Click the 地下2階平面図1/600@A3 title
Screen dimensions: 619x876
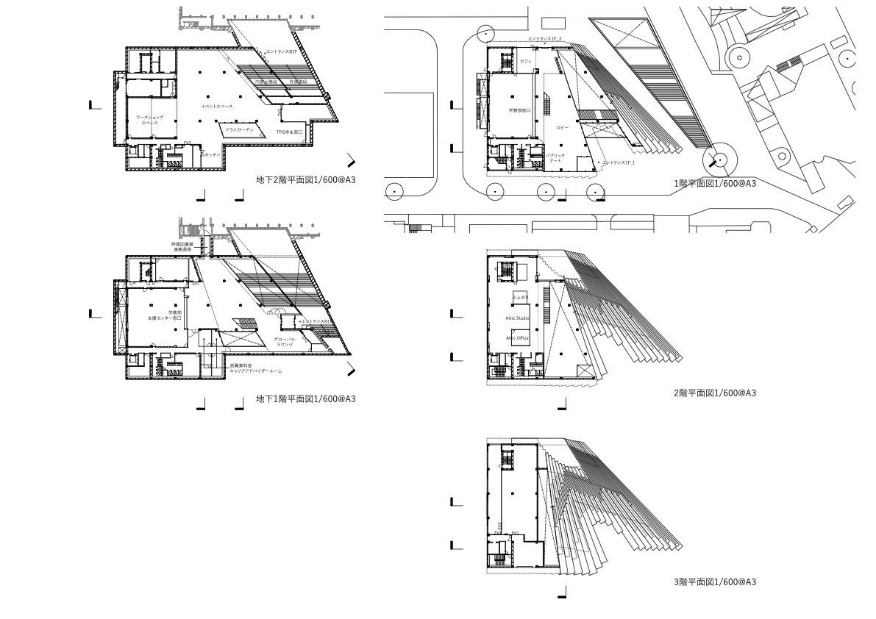305,179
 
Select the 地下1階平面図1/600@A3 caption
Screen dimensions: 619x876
305,399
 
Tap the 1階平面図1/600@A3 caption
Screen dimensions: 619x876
715,184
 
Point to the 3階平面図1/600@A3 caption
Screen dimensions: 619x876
715,582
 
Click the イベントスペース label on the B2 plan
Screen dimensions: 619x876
216,107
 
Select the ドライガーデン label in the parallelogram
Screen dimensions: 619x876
239,129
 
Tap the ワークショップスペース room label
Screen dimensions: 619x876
149,121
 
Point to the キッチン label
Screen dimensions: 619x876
212,155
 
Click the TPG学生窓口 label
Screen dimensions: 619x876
290,132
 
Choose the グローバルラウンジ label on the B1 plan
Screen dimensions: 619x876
285,342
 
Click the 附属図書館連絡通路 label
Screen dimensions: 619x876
182,247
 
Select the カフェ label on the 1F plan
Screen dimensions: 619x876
525,62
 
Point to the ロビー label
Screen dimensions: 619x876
563,128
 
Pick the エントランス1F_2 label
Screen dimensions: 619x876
544,38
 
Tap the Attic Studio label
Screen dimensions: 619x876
517,318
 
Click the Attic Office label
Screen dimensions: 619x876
517,338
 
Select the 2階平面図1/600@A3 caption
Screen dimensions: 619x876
715,393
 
